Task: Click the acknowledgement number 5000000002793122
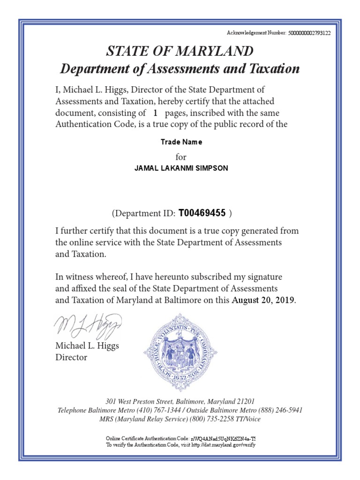[x=309, y=33]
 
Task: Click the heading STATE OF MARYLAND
[x=180, y=51]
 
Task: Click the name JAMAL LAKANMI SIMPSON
[x=181, y=168]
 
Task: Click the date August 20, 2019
[x=264, y=300]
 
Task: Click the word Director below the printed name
[x=71, y=357]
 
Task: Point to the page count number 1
[x=155, y=113]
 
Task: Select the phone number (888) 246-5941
[x=279, y=410]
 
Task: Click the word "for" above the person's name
[x=180, y=156]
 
